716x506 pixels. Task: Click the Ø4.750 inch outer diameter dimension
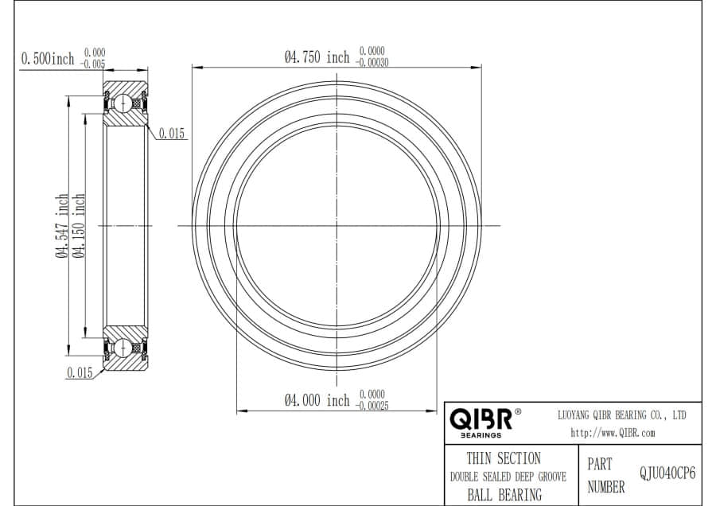coord(317,57)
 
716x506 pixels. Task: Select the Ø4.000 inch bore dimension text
coord(317,400)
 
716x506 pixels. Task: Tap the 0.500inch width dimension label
coord(48,58)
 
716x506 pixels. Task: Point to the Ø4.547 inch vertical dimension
coord(62,226)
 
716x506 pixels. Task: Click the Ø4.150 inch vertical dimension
coord(79,226)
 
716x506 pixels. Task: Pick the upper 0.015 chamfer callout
coord(172,134)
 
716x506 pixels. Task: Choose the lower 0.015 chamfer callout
coord(80,372)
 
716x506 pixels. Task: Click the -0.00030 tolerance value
coord(372,63)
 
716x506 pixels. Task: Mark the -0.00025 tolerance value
coord(372,406)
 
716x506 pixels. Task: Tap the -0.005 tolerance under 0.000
coord(93,64)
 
